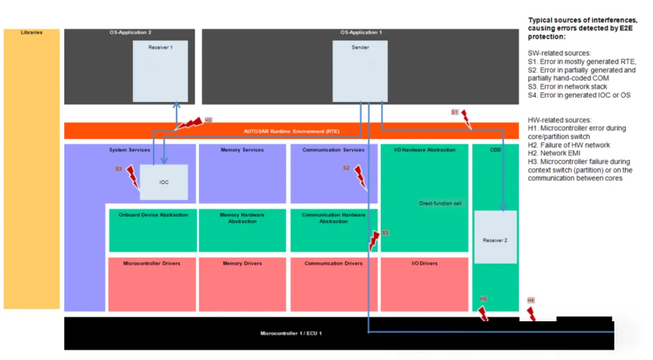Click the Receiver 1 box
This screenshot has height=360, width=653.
point(160,71)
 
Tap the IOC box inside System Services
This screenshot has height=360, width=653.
point(164,182)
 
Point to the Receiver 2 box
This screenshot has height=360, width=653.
point(495,237)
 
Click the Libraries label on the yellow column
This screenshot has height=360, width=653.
point(31,32)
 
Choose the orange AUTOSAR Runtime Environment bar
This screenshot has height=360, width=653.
point(291,131)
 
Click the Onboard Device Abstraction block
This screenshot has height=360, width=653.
point(153,231)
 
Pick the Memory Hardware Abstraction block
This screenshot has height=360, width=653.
point(242,231)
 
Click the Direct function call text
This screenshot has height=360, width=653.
point(440,203)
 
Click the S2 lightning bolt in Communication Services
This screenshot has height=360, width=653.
point(360,177)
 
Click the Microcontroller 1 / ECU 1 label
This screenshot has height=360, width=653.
point(291,333)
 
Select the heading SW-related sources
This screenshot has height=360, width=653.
point(559,53)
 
